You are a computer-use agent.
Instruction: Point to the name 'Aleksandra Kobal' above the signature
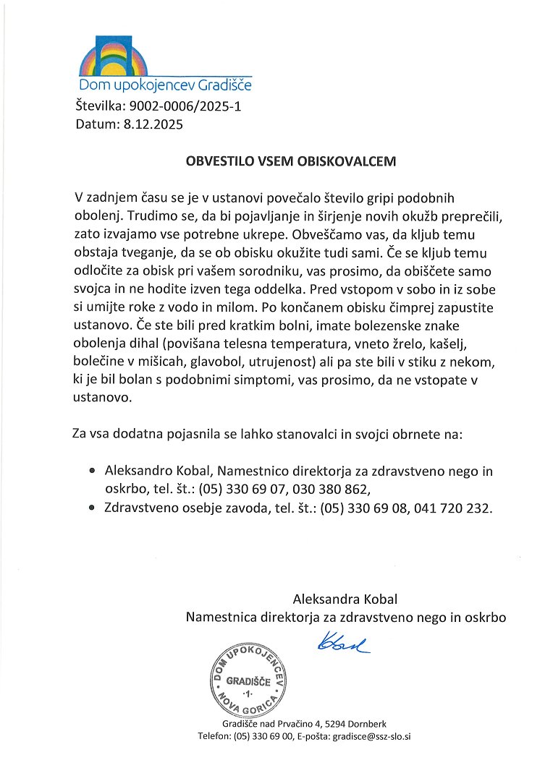pyautogui.click(x=345, y=599)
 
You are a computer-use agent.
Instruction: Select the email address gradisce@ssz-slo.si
pyautogui.click(x=371, y=737)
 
